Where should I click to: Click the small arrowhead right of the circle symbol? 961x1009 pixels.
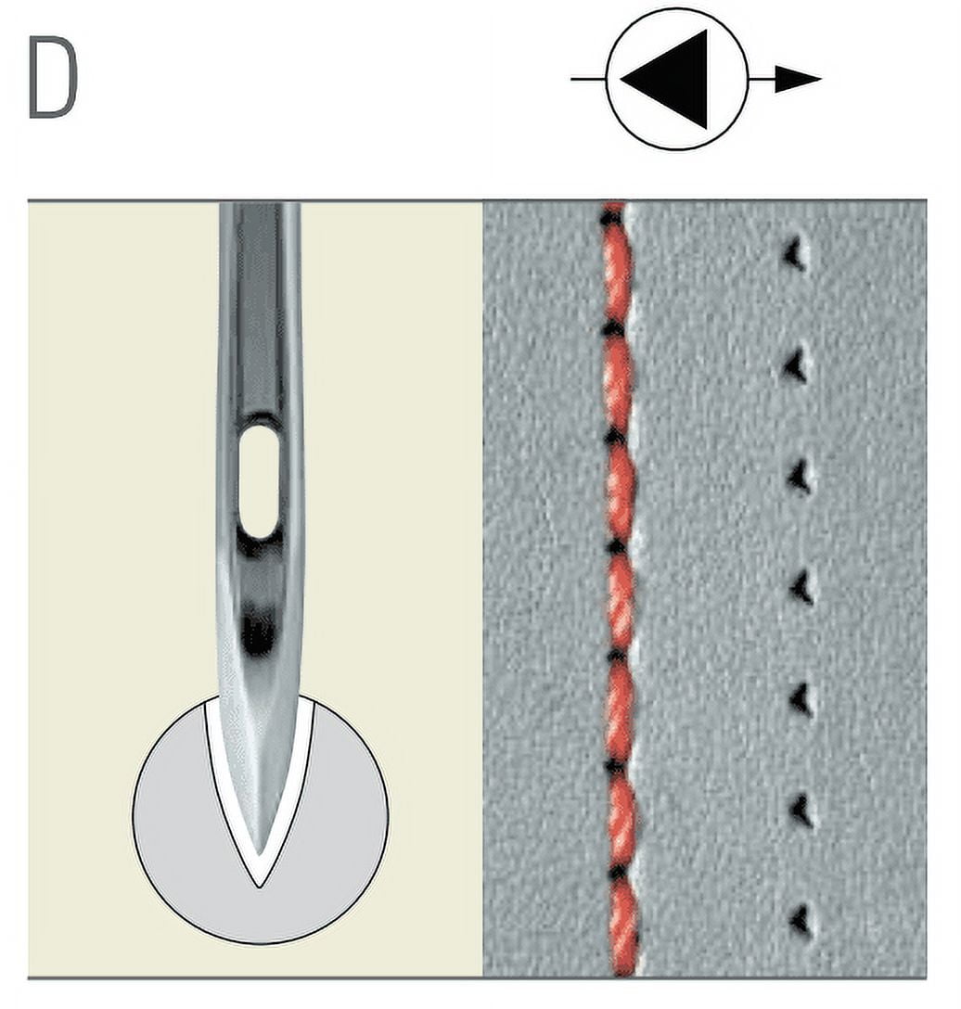798,79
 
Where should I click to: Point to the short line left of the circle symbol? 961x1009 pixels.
588,79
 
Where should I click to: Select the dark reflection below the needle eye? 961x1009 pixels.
258,631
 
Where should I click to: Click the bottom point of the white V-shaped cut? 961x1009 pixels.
260,888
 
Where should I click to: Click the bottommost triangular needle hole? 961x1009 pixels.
801,921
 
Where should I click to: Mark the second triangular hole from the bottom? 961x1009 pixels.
802,811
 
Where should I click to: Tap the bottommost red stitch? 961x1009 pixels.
624,926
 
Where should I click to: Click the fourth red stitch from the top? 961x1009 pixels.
621,603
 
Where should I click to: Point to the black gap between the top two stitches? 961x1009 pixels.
613,329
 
